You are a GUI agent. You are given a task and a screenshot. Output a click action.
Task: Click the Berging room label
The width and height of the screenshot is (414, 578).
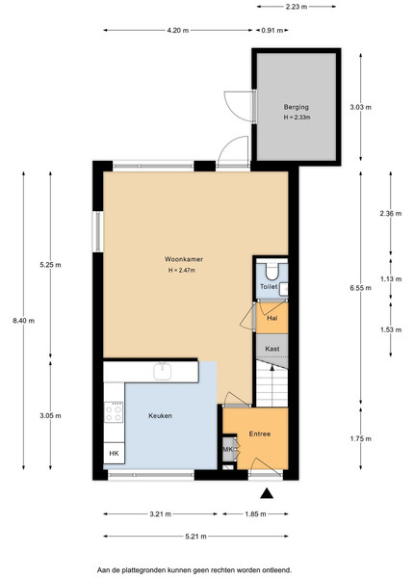tap(297, 107)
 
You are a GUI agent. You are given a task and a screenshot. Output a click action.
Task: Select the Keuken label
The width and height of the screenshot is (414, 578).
tap(160, 416)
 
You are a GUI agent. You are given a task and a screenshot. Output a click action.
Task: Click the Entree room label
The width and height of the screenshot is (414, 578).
tap(260, 433)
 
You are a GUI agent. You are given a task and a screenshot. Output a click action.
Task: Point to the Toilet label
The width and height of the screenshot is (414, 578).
tap(269, 286)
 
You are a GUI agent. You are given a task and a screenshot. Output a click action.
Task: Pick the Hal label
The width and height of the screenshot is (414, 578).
tap(272, 318)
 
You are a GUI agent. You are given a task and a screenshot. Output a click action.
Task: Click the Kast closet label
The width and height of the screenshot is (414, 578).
tap(272, 349)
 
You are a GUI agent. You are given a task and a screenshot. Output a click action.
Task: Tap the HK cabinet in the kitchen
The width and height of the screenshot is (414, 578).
tap(115, 453)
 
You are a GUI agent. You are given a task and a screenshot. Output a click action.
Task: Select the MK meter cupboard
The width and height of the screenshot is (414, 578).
tap(228, 449)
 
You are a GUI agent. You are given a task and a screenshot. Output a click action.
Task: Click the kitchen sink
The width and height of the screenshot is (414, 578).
tap(163, 371)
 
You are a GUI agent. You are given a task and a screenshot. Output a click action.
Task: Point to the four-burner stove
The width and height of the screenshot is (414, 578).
tap(114, 412)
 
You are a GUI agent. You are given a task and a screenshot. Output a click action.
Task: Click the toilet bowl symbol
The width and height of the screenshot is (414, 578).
tap(272, 272)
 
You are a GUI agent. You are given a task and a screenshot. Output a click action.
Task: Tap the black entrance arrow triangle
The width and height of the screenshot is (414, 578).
tap(267, 493)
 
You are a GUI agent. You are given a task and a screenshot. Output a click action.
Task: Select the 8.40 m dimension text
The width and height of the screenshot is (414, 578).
tap(23, 321)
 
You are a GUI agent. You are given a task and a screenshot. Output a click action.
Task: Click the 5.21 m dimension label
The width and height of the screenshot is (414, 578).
tap(195, 537)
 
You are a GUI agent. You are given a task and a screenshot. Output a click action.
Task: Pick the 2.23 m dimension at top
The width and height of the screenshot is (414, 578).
tap(297, 7)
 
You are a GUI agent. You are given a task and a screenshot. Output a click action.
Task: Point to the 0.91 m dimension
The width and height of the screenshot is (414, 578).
tap(272, 31)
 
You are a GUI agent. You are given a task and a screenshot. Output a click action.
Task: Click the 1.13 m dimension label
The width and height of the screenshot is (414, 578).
tap(391, 279)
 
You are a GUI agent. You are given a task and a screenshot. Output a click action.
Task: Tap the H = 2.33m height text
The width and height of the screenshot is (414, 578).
tap(297, 118)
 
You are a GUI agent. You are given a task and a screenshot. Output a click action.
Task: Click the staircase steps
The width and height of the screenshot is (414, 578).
tap(272, 384)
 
